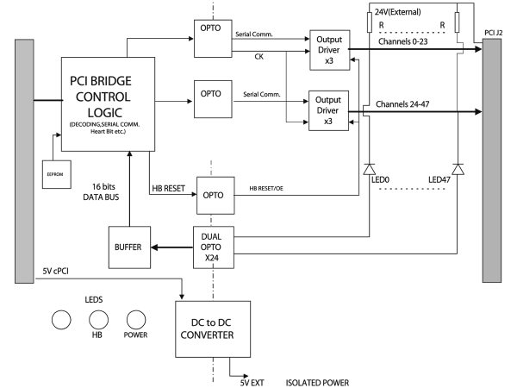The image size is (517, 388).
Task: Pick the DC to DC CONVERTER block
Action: point(214,326)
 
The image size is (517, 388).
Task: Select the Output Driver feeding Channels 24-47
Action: point(329,112)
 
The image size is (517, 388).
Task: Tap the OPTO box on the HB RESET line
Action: point(215,194)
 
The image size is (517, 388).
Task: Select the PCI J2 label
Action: point(495,33)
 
